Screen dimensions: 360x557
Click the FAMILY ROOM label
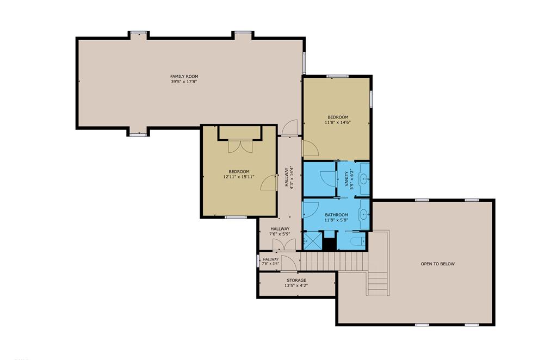point(184,76)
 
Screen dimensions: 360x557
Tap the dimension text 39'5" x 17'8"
point(184,82)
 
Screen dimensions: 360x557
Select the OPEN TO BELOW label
point(437,264)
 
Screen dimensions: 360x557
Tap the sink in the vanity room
point(363,176)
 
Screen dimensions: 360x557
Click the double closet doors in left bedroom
point(239,146)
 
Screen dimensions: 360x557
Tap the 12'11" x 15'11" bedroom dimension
point(239,177)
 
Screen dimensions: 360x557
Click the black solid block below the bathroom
point(329,244)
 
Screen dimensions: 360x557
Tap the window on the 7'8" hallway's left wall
point(258,260)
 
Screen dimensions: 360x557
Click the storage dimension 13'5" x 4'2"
point(297,286)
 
